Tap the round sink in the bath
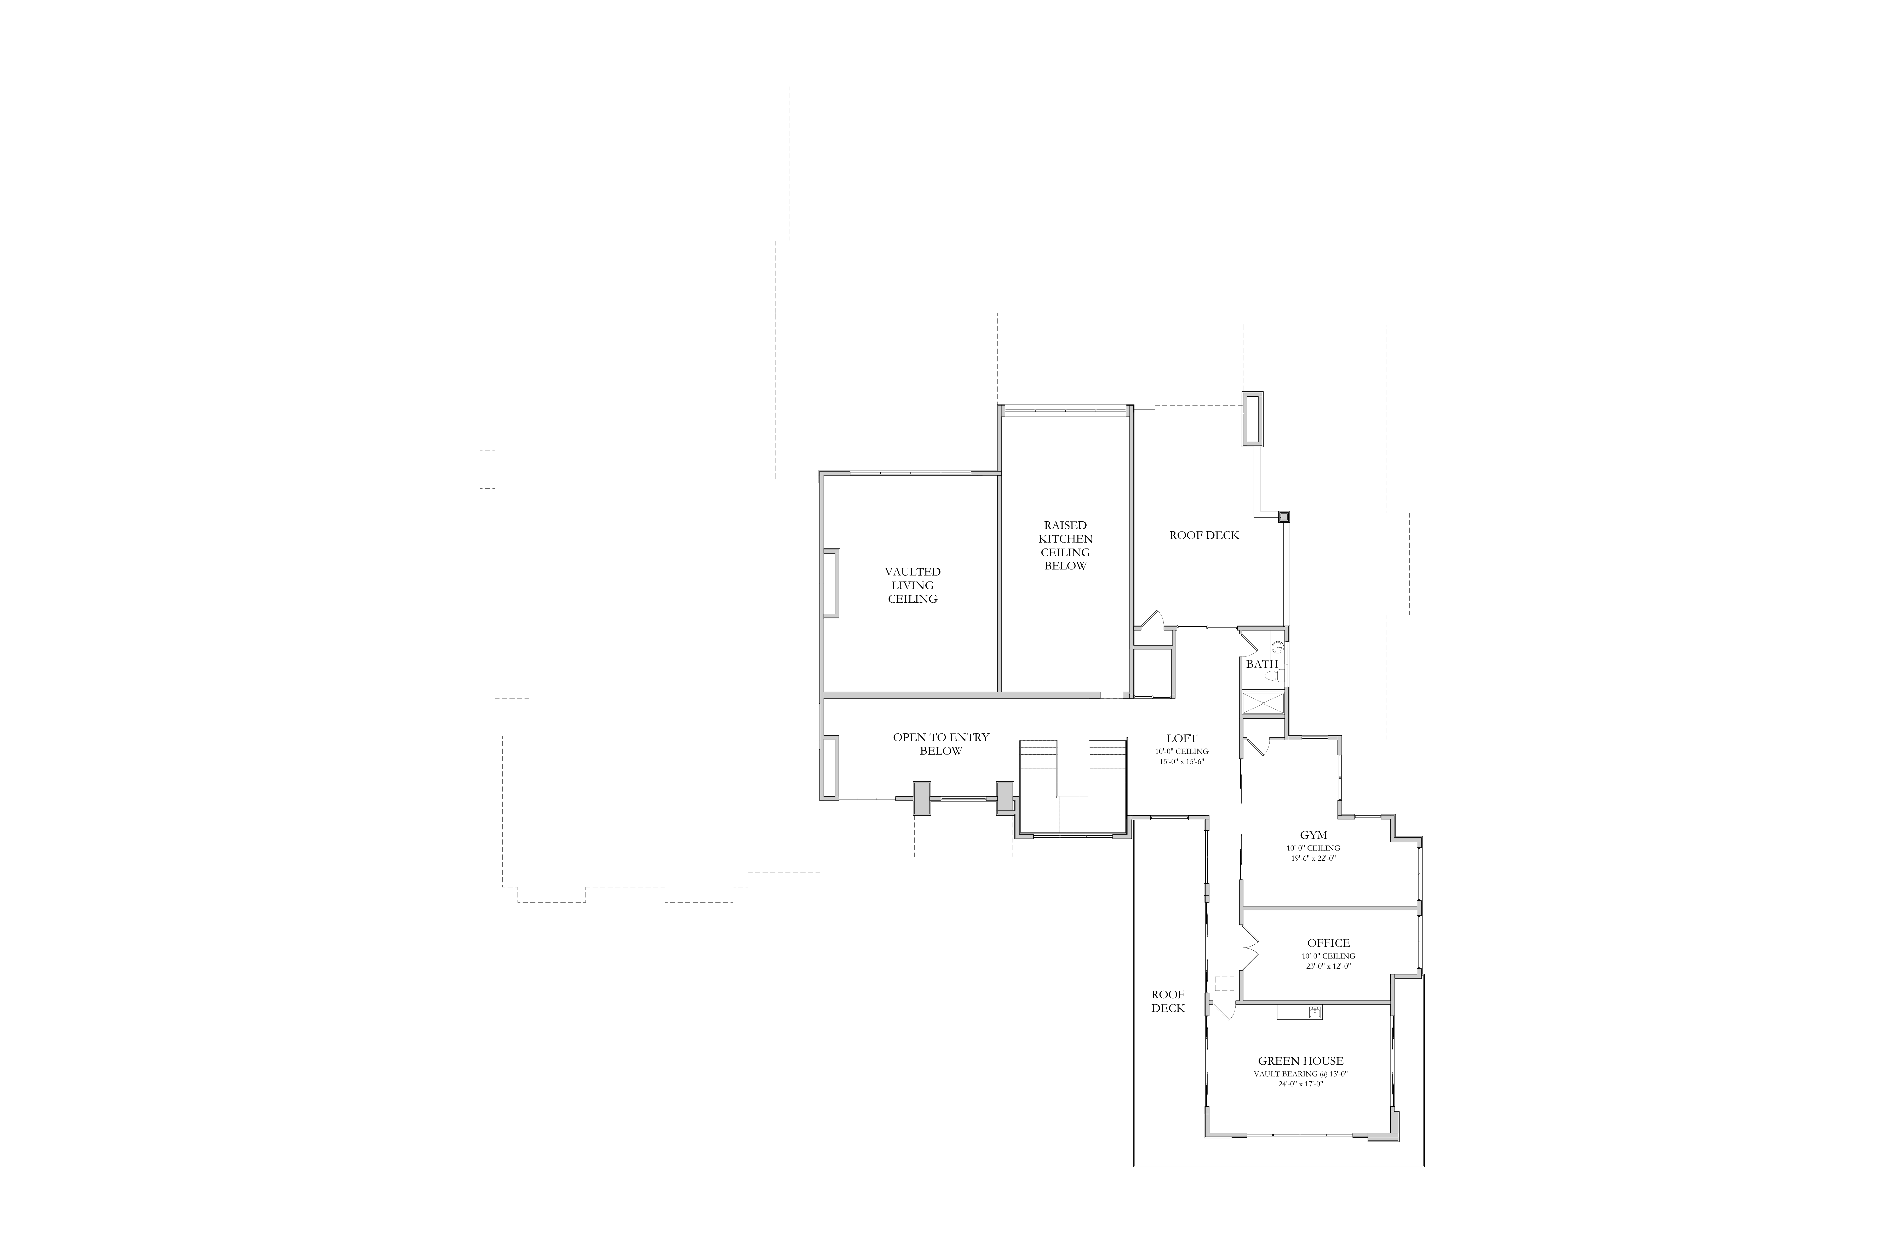coord(1278,647)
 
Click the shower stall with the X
coord(1263,703)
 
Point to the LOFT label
coord(1182,738)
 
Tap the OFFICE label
coord(1328,943)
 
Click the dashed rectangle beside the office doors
coord(1224,984)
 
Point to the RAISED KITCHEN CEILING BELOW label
coord(1065,545)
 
